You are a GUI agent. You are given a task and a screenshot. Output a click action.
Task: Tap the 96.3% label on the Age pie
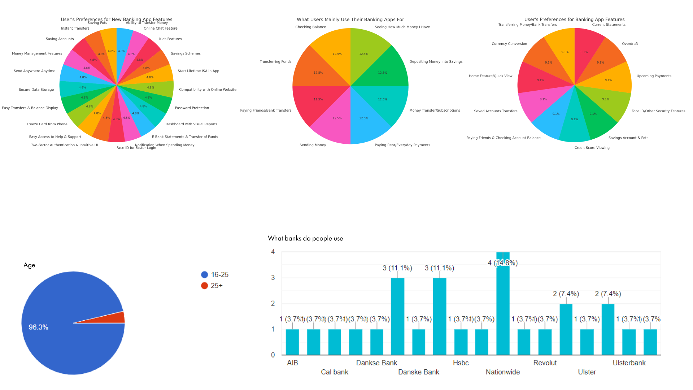pyautogui.click(x=38, y=327)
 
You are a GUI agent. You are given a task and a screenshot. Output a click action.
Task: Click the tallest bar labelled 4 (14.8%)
pyautogui.click(x=503, y=303)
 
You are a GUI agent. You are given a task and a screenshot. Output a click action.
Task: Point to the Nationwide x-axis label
pyautogui.click(x=502, y=372)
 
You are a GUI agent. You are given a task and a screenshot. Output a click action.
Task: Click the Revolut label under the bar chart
pyautogui.click(x=545, y=363)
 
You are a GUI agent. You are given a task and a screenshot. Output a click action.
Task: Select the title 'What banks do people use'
pyautogui.click(x=305, y=238)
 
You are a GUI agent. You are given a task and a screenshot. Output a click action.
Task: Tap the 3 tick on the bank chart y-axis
pyautogui.click(x=273, y=278)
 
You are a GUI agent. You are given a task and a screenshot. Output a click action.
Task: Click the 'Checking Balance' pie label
pyautogui.click(x=310, y=27)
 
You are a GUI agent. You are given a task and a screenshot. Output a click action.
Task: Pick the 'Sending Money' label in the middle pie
pyautogui.click(x=313, y=145)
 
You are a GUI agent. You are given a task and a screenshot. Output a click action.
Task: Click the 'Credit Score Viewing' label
pyautogui.click(x=592, y=148)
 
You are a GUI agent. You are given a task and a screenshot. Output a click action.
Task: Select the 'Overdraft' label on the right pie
pyautogui.click(x=630, y=44)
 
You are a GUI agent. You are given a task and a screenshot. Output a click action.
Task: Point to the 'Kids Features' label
pyautogui.click(x=170, y=39)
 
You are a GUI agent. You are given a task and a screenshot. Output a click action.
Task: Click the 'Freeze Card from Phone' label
pyautogui.click(x=47, y=124)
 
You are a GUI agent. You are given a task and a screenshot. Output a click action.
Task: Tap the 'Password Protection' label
pyautogui.click(x=192, y=108)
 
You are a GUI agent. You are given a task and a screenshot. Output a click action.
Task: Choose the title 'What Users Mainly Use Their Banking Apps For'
pyautogui.click(x=350, y=19)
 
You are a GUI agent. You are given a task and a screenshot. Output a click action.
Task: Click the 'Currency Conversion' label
pyautogui.click(x=509, y=44)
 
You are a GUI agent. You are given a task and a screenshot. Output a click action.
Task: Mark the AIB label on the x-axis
pyautogui.click(x=292, y=363)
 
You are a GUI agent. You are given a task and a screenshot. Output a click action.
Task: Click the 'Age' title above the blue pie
pyautogui.click(x=29, y=265)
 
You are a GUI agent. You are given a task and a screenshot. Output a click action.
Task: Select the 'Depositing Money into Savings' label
pyautogui.click(x=436, y=62)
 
